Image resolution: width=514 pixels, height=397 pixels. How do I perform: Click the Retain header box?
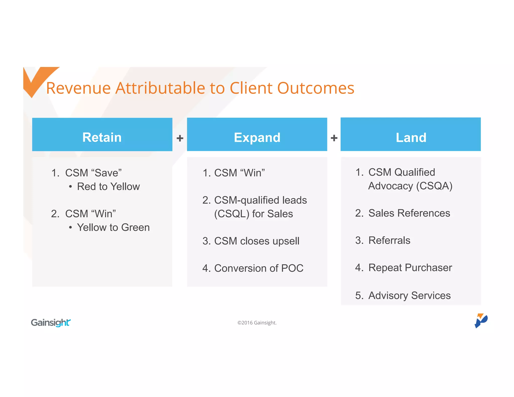[102, 135]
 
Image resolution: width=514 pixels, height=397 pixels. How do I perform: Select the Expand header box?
[257, 135]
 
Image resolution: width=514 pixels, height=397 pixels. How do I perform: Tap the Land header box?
[411, 135]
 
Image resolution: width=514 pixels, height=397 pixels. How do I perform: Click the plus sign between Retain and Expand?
[180, 138]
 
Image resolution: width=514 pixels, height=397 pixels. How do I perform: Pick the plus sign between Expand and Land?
[334, 138]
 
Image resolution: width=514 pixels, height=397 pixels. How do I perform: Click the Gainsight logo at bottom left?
[51, 322]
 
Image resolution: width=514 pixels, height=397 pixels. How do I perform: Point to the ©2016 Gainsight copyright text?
[257, 323]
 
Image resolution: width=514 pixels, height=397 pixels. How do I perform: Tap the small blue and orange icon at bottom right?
[481, 320]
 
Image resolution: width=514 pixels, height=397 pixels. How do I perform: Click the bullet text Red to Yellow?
[108, 186]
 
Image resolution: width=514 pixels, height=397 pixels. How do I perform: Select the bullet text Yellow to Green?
[113, 227]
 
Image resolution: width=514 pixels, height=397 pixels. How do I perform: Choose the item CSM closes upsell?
[256, 241]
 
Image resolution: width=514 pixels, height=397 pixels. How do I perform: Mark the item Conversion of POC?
[259, 268]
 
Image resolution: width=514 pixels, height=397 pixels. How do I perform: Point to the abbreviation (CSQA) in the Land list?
[434, 186]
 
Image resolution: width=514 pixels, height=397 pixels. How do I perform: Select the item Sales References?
[409, 213]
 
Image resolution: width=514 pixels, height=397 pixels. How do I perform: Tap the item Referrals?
[389, 240]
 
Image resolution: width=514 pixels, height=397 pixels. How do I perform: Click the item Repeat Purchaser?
[410, 268]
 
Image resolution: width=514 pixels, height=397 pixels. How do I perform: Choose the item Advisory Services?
[409, 295]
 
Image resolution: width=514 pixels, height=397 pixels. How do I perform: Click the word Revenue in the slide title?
[78, 88]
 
